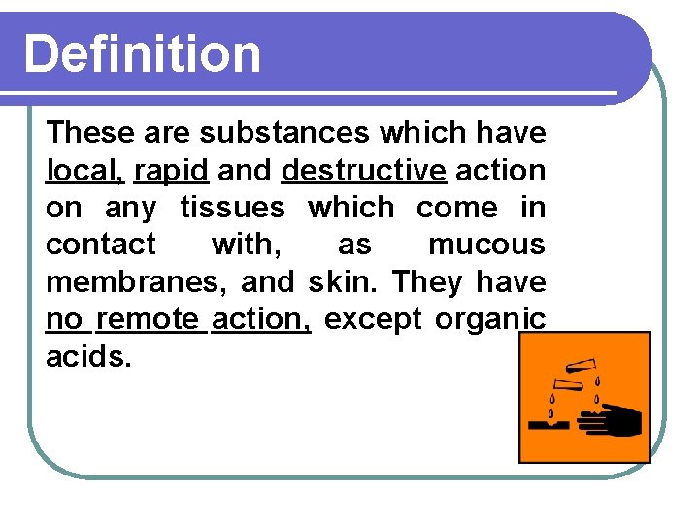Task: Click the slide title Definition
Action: tap(143, 54)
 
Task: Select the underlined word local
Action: tap(84, 170)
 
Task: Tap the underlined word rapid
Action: tap(171, 170)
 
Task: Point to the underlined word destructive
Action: tap(363, 170)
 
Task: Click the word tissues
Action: tap(233, 208)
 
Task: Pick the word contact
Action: tap(101, 245)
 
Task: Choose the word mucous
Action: tap(486, 245)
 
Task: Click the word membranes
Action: tap(128, 282)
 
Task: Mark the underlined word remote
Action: tap(149, 319)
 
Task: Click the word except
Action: tap(373, 319)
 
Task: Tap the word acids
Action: tap(86, 356)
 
